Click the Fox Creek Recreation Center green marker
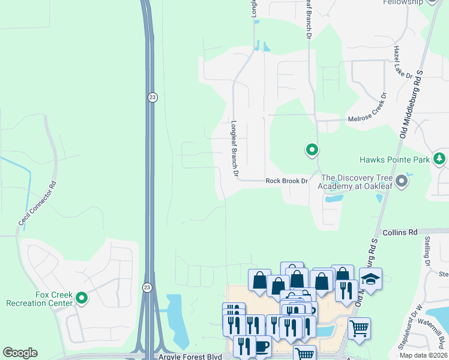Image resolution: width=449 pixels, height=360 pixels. tap(82, 297)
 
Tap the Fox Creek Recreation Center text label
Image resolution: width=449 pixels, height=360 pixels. tap(39, 299)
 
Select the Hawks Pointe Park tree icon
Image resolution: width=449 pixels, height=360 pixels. tap(439, 158)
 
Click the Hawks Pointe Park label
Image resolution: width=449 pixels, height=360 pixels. tap(394, 160)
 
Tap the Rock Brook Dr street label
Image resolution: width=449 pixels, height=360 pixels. tap(286, 181)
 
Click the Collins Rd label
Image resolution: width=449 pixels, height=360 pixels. tap(404, 232)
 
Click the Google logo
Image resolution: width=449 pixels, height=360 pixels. tap(20, 352)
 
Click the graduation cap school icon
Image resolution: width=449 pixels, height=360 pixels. tap(370, 279)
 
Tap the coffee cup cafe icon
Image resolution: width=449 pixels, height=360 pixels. tap(262, 347)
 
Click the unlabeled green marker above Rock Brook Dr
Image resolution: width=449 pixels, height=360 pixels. tap(312, 149)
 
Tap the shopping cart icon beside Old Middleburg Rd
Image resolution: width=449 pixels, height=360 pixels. tap(358, 328)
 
